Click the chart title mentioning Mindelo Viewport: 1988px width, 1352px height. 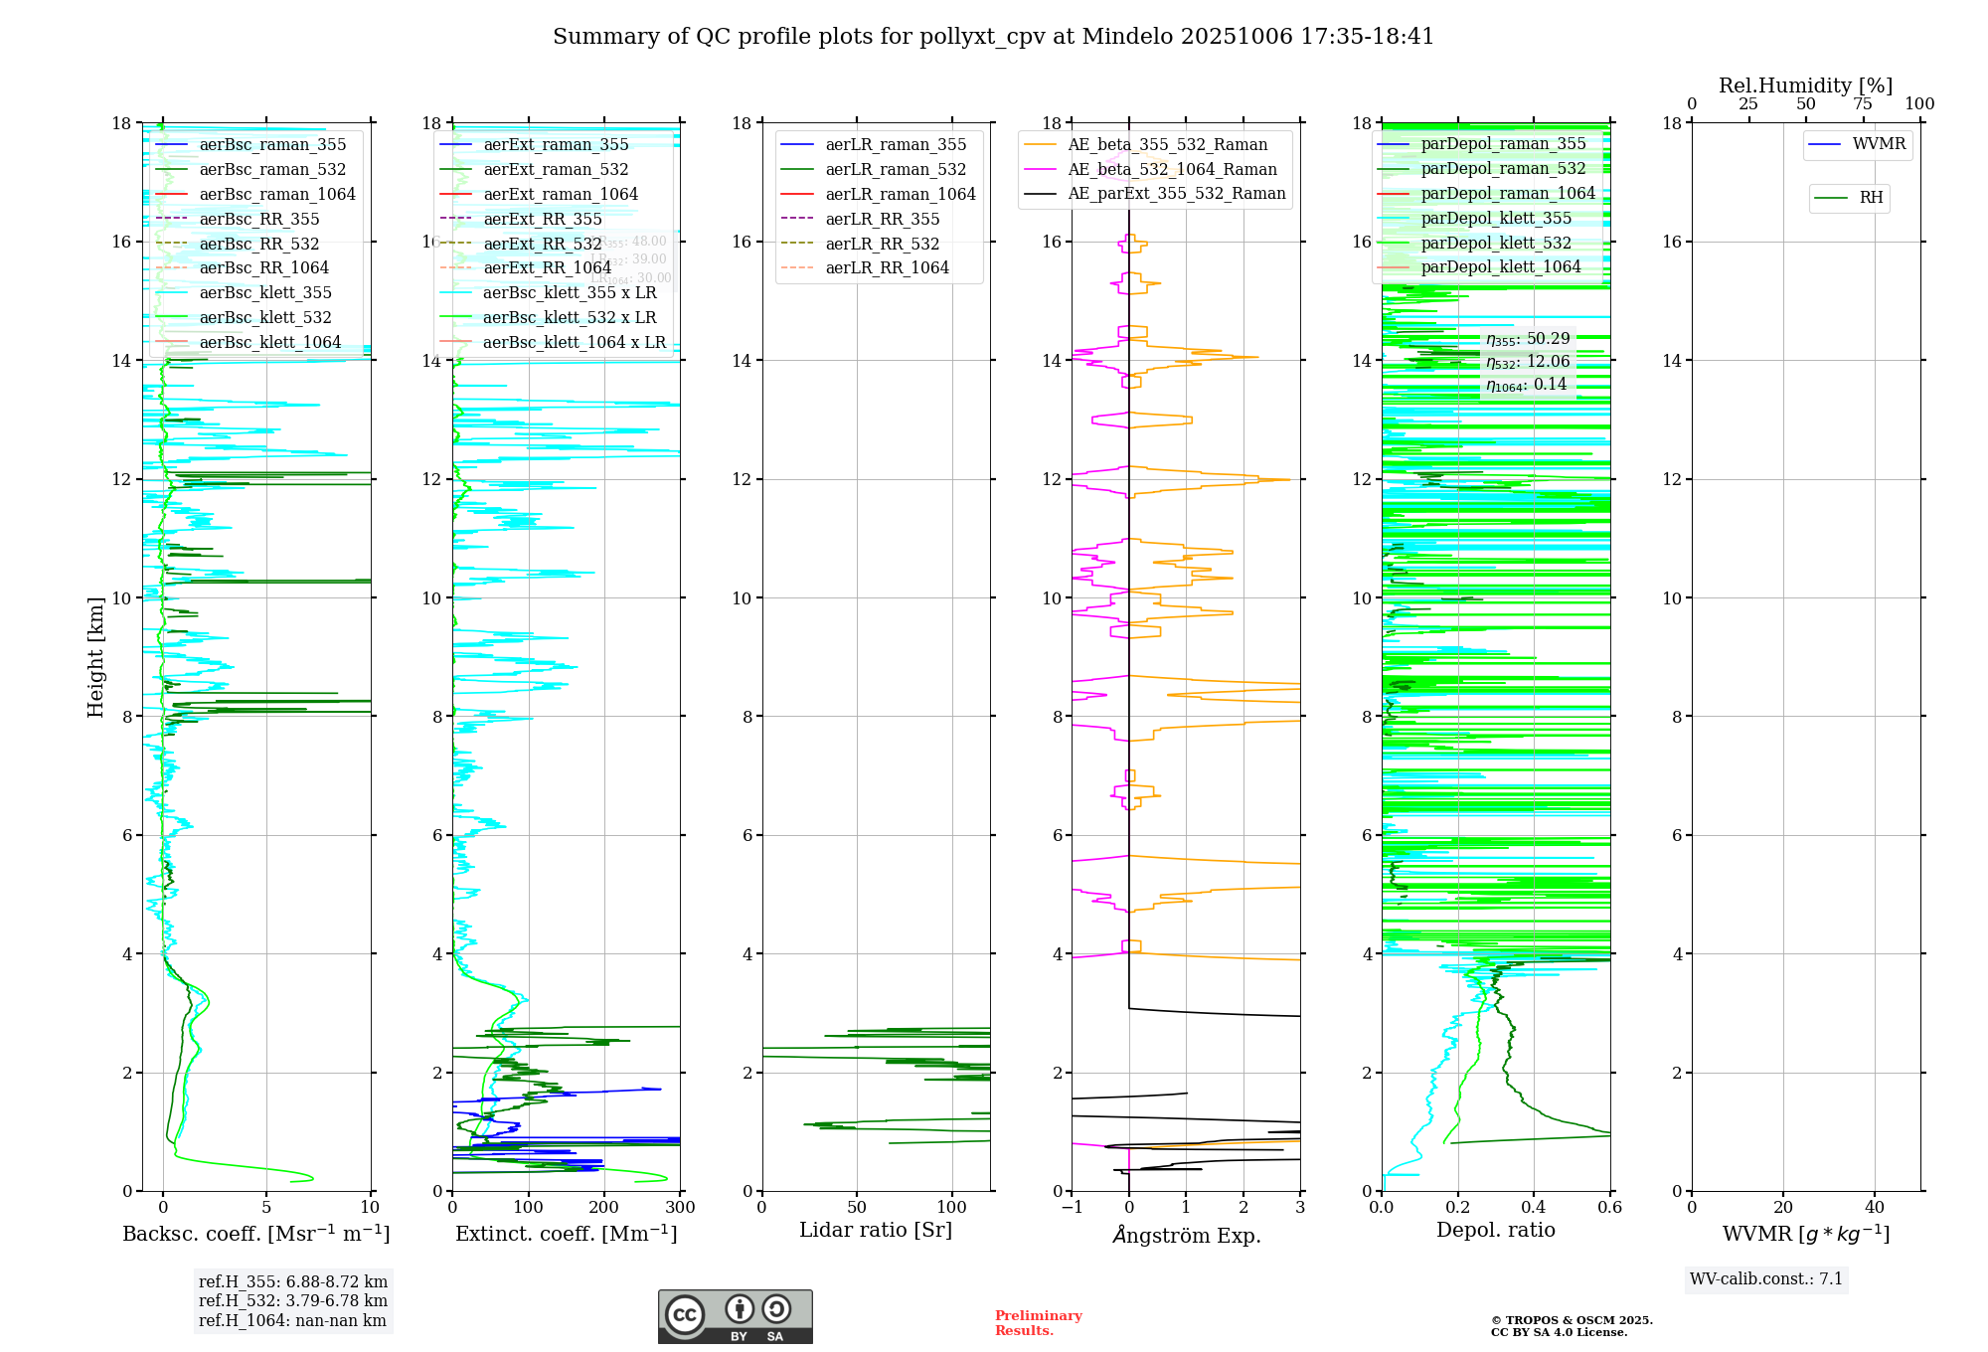(x=993, y=37)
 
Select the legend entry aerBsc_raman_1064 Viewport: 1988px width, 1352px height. (x=276, y=194)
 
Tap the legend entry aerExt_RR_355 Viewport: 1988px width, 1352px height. (x=542, y=219)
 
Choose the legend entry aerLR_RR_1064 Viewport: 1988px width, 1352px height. (x=887, y=267)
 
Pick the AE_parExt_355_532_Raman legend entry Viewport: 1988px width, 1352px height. (x=1176, y=194)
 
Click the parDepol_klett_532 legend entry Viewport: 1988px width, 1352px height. (x=1496, y=243)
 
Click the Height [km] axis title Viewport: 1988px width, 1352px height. (x=95, y=656)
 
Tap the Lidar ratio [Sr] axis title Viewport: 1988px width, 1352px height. (x=876, y=1230)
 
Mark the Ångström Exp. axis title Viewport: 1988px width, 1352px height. (x=1186, y=1235)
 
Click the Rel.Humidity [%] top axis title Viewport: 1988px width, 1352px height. (x=1805, y=85)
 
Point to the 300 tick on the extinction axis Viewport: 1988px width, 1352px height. (x=680, y=1208)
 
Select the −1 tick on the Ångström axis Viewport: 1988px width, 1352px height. (x=1072, y=1208)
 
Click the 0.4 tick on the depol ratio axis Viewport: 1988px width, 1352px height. (x=1534, y=1208)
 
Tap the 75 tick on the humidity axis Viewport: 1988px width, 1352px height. (x=1863, y=104)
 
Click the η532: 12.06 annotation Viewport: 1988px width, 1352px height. (x=1528, y=362)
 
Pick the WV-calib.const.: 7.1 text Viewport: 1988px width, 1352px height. (x=1766, y=1278)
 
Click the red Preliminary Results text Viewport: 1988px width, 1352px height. (x=1038, y=1322)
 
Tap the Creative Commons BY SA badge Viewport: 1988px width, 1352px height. (x=735, y=1316)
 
